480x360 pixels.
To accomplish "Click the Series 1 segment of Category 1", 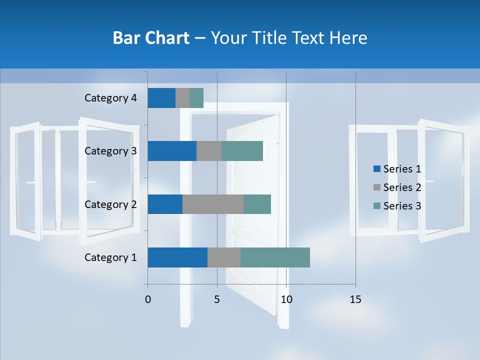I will (177, 257).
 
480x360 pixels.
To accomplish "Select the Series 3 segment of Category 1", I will (275, 257).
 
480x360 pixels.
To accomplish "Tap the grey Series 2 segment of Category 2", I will (213, 204).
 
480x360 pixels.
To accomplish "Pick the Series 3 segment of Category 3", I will (242, 151).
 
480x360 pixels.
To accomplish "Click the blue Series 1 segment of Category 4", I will (161, 98).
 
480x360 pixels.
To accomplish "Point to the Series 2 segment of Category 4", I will (182, 98).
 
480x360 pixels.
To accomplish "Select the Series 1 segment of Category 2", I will (165, 204).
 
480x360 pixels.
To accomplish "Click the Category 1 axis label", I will (110, 257).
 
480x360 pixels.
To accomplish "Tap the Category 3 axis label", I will (110, 151).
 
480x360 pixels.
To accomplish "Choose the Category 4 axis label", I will (110, 98).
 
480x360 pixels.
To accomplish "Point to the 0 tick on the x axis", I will (148, 299).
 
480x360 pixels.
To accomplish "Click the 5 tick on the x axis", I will (217, 299).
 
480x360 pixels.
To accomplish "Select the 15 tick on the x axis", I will (355, 299).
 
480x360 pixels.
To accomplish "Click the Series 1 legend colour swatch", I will (377, 169).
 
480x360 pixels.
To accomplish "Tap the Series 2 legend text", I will (402, 187).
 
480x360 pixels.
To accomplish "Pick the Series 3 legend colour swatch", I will (377, 206).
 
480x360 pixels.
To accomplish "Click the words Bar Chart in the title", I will (151, 38).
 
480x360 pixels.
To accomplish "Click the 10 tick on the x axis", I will (286, 299).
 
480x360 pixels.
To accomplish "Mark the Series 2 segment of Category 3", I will (209, 151).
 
